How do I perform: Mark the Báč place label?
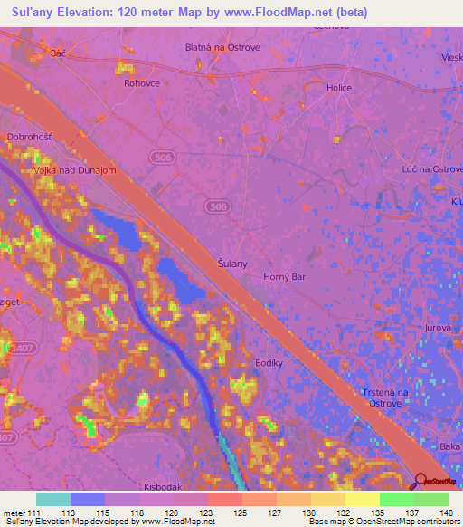[x=59, y=54]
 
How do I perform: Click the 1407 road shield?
[x=17, y=347]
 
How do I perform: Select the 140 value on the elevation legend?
[x=444, y=512]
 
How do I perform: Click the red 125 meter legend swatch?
[x=224, y=499]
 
